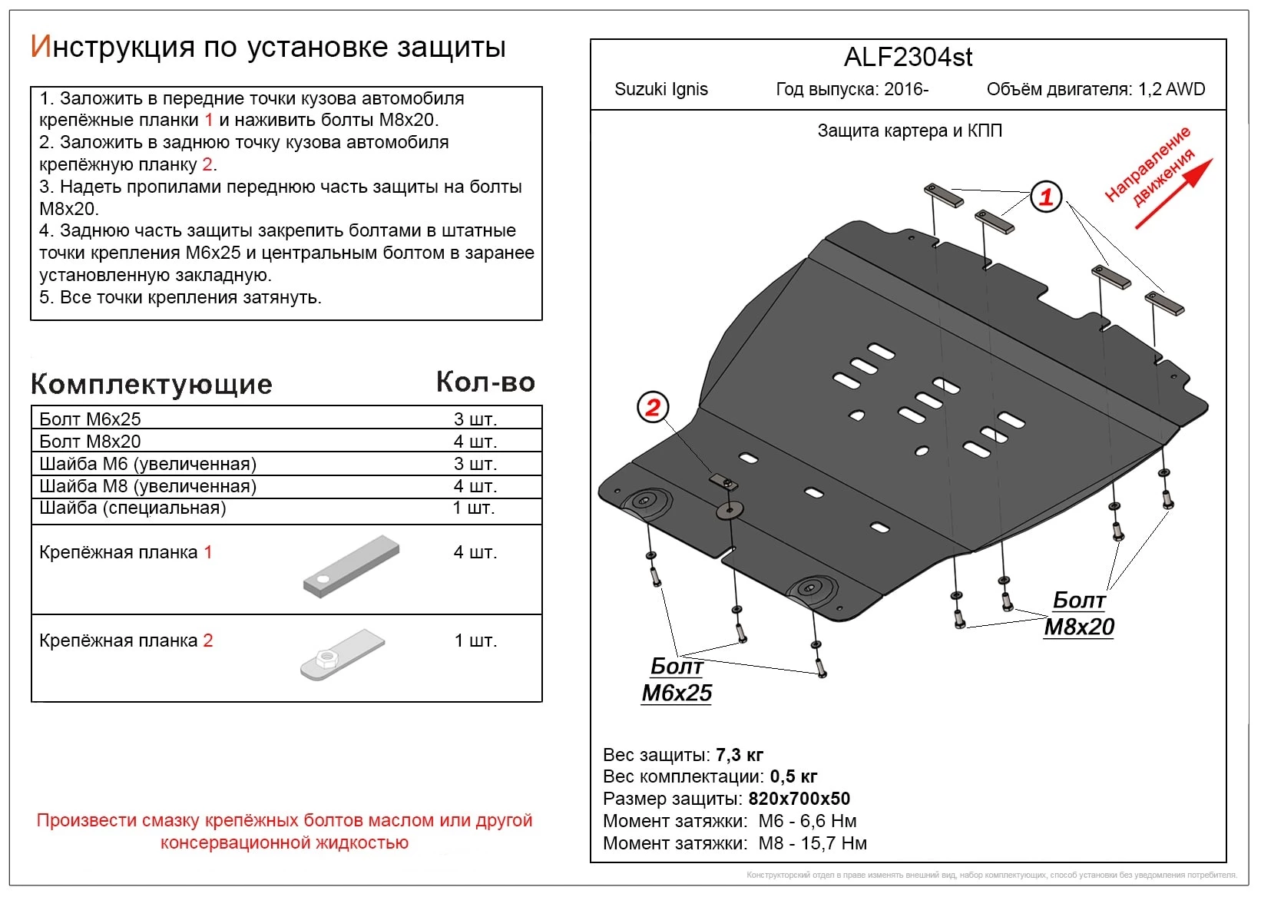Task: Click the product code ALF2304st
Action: [x=908, y=58]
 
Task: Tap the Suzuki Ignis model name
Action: [x=661, y=89]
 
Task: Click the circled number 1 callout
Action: [x=1045, y=197]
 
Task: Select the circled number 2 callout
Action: [x=653, y=407]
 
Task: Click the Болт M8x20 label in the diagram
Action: [x=1079, y=614]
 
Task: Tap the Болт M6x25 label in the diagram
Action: [x=677, y=680]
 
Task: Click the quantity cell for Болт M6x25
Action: [x=475, y=419]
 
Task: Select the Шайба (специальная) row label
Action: [x=133, y=508]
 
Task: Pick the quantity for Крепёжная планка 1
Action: [x=475, y=552]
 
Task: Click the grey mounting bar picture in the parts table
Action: [x=352, y=567]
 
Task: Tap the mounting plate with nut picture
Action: [x=342, y=654]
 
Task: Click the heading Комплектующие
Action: [x=151, y=384]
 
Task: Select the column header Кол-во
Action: [x=485, y=382]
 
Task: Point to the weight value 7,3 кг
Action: [x=740, y=755]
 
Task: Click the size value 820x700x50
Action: [x=799, y=799]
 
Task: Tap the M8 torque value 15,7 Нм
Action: [x=834, y=843]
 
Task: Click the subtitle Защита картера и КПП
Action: [x=909, y=131]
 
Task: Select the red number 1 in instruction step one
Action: [x=209, y=121]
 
